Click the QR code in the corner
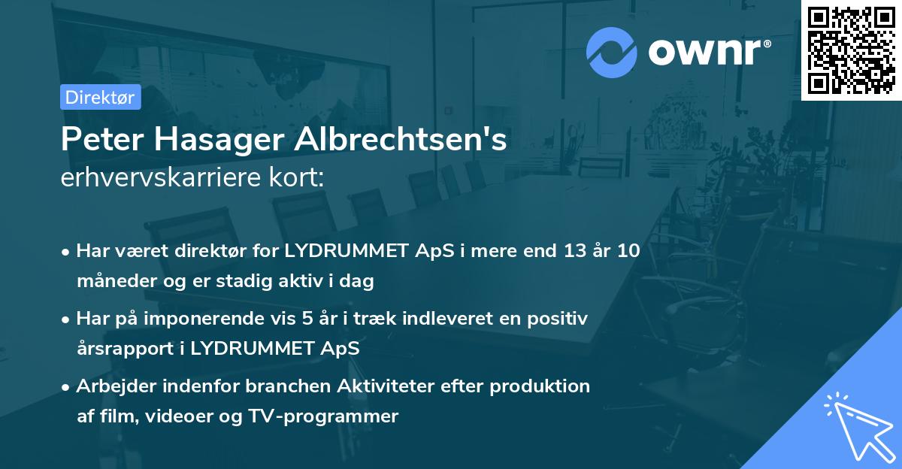point(851,50)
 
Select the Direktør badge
point(101,97)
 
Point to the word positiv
point(558,318)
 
